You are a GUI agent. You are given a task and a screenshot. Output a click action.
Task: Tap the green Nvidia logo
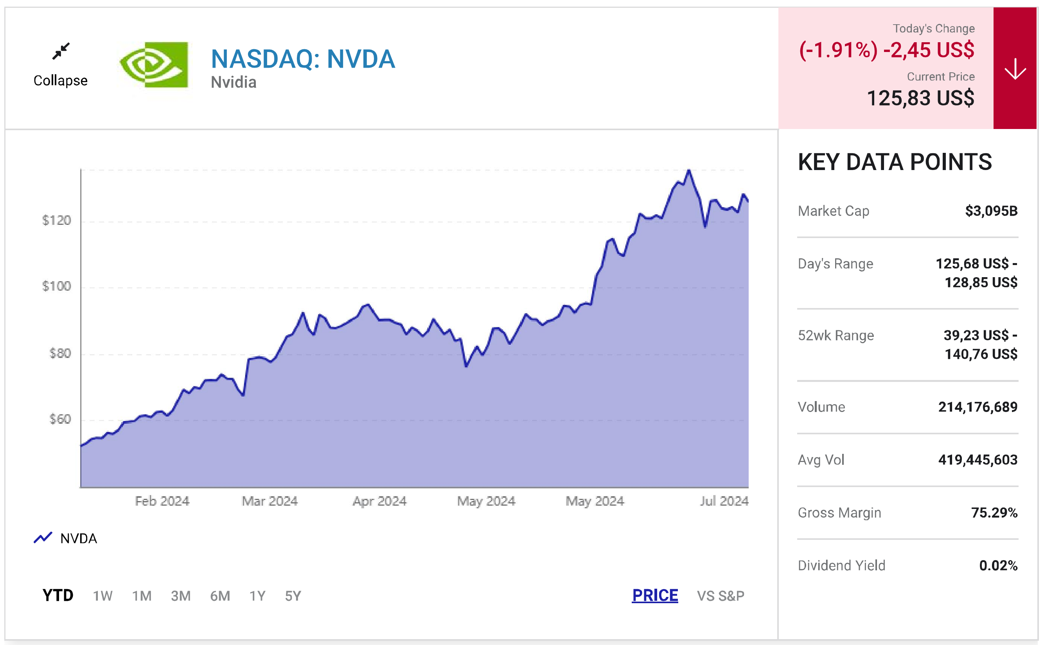[154, 65]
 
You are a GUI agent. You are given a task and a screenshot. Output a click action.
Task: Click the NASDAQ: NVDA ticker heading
[303, 59]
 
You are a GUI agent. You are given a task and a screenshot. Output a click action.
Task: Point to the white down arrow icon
[1015, 69]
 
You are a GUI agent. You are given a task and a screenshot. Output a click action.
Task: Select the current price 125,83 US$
[920, 98]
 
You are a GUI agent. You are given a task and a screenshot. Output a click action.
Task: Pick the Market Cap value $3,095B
[991, 211]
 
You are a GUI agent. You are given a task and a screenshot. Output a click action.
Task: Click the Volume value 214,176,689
[977, 407]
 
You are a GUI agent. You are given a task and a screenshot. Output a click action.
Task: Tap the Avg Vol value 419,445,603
[977, 460]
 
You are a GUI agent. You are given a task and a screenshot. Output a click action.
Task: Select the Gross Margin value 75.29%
[994, 513]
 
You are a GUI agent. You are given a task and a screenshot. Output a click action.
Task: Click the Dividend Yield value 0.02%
[998, 566]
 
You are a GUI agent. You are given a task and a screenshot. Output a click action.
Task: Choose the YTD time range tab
[58, 595]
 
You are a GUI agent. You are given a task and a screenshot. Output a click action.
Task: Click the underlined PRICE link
[655, 595]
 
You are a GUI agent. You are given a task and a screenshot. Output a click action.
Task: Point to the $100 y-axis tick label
[56, 286]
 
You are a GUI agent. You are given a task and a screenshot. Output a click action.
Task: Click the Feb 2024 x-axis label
[162, 501]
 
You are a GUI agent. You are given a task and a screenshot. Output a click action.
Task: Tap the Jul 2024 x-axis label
[724, 501]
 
